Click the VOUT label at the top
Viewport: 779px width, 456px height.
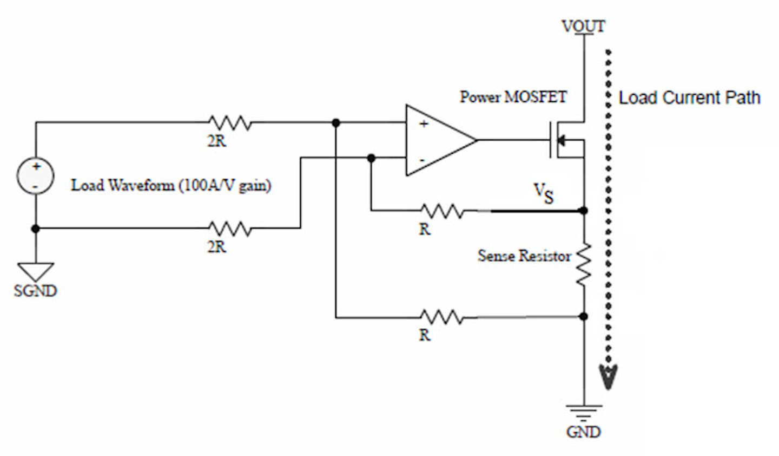coord(583,25)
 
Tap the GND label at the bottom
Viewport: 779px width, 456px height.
coord(583,432)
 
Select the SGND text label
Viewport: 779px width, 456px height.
coord(35,291)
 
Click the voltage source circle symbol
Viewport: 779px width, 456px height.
coord(35,176)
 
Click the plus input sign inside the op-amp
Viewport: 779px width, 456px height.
coord(424,124)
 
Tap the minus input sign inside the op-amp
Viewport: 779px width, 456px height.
coord(422,160)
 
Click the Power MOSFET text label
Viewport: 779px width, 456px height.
coord(513,97)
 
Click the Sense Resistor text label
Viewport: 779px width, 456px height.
coord(524,256)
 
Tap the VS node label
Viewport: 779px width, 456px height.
coord(544,193)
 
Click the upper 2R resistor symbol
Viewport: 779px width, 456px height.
coord(229,123)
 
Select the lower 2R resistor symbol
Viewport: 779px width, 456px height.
coord(229,228)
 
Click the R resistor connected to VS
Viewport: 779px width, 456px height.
coord(441,210)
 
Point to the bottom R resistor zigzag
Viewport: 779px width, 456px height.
coord(441,317)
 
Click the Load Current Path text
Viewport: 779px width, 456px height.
coord(689,98)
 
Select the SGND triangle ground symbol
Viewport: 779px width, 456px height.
coord(36,271)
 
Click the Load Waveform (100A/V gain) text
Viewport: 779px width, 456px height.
coord(171,186)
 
